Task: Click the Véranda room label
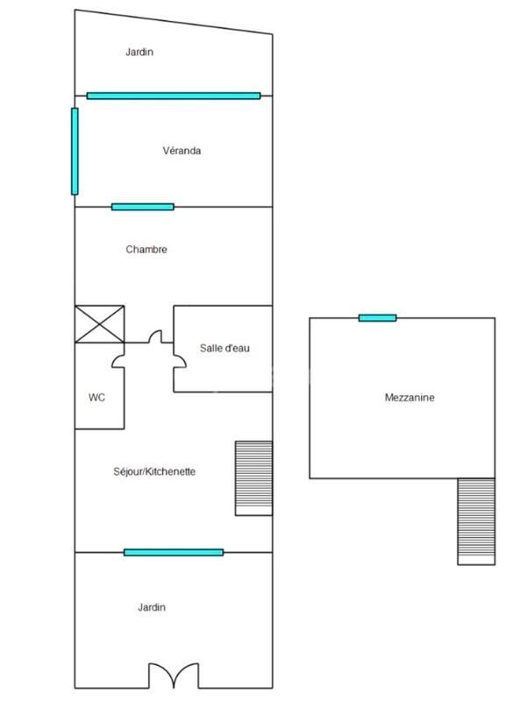pos(182,151)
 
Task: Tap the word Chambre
pos(146,250)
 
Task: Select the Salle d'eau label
pos(225,349)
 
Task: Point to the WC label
pos(96,398)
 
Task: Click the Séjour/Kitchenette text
pos(154,471)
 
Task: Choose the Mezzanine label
pos(410,398)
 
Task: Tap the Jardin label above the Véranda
pos(139,52)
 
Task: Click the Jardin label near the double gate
pos(151,607)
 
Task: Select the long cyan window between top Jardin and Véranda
pos(174,96)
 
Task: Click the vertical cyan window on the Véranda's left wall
pos(75,151)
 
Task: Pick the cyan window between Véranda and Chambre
pos(142,207)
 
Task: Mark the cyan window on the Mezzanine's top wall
pos(377,317)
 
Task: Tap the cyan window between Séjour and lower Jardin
pos(174,552)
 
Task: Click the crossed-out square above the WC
pos(100,323)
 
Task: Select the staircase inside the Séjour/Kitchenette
pos(253,478)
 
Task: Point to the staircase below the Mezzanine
pos(476,521)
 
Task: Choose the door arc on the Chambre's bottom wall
pos(157,336)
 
